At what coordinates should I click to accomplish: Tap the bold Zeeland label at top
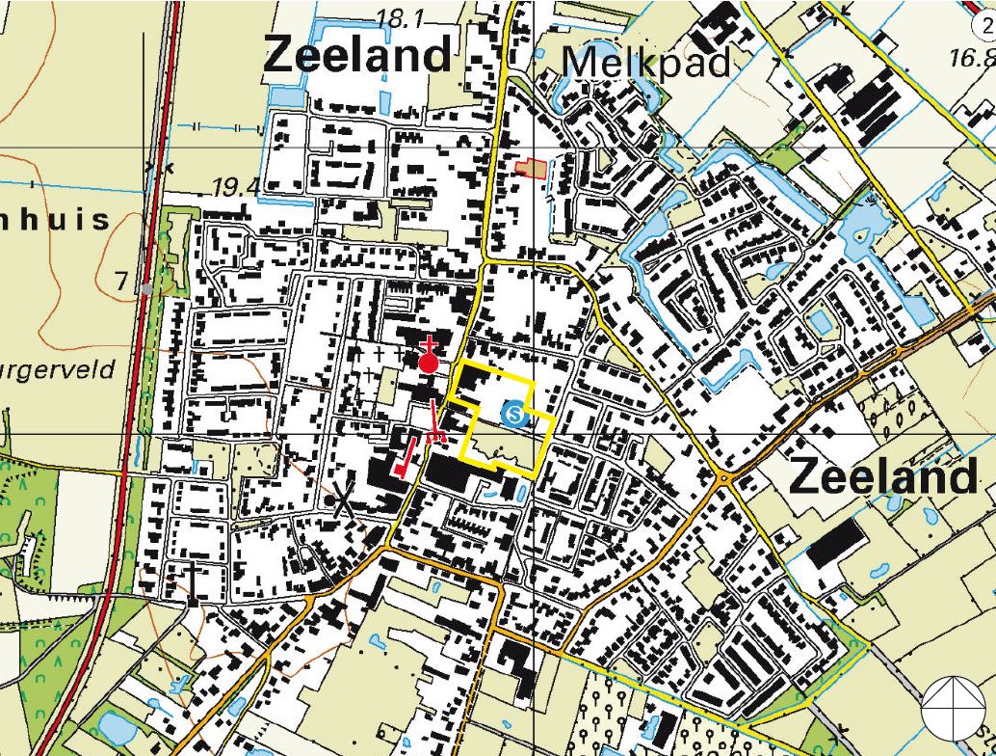[357, 55]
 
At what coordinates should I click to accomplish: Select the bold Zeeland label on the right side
[883, 477]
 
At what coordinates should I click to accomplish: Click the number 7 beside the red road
[121, 282]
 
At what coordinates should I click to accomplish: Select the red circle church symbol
[429, 362]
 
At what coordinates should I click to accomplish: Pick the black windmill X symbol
[341, 502]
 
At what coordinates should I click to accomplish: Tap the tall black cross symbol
[194, 581]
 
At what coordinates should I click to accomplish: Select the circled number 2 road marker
[987, 12]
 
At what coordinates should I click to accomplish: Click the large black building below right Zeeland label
[835, 546]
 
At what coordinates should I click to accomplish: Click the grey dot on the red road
[144, 288]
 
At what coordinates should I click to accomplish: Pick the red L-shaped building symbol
[406, 458]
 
